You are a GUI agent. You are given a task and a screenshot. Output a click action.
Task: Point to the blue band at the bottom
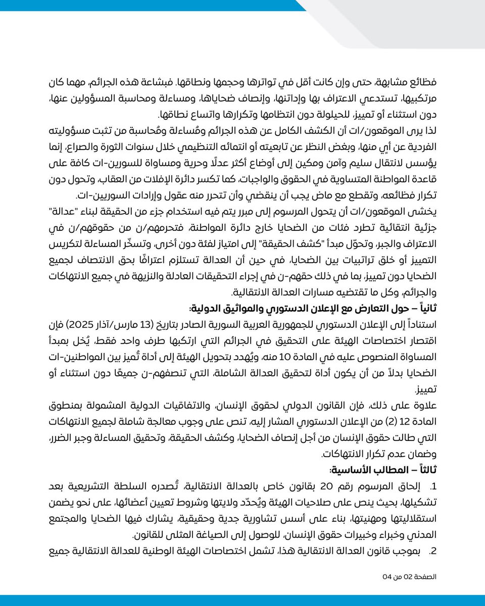243,600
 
